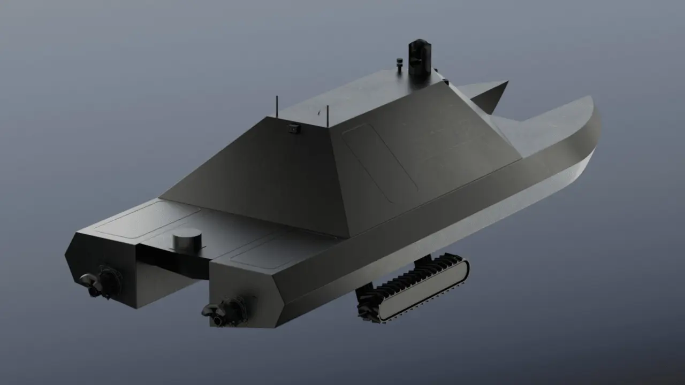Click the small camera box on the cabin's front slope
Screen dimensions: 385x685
point(293,127)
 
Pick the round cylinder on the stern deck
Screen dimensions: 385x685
point(187,239)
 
